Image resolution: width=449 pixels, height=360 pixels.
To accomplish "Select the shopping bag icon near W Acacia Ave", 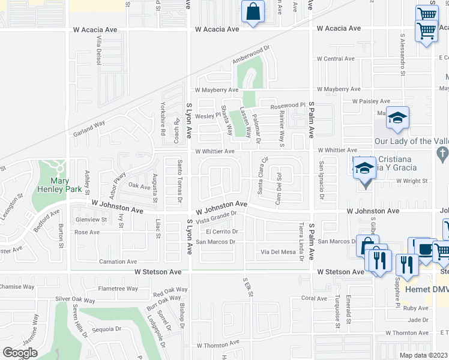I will (253, 12).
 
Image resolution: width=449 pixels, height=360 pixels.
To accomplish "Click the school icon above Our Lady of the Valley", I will (397, 119).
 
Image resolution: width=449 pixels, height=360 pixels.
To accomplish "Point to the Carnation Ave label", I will (118, 262).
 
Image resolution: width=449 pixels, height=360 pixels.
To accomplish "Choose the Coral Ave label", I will (314, 298).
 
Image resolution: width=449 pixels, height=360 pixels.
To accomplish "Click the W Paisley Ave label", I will (371, 101).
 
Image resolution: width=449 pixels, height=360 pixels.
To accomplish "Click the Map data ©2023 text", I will (424, 355).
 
